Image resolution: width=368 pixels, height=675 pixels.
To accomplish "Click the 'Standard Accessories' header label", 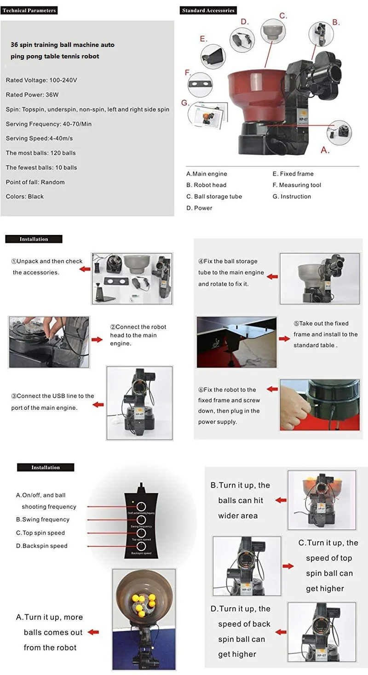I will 208,10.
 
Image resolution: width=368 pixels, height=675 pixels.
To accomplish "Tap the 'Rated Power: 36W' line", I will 32,95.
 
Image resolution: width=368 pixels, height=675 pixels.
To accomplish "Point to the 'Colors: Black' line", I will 25,196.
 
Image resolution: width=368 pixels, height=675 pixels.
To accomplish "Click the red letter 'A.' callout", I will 325,150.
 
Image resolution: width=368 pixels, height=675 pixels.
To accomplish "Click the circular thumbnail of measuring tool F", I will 201,84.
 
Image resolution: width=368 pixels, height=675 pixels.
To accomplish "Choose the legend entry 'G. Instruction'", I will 292,196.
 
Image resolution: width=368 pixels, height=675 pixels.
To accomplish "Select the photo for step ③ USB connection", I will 139,403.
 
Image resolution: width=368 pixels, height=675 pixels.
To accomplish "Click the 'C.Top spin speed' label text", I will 40,533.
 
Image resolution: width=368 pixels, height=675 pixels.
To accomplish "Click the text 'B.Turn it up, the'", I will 240,485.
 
